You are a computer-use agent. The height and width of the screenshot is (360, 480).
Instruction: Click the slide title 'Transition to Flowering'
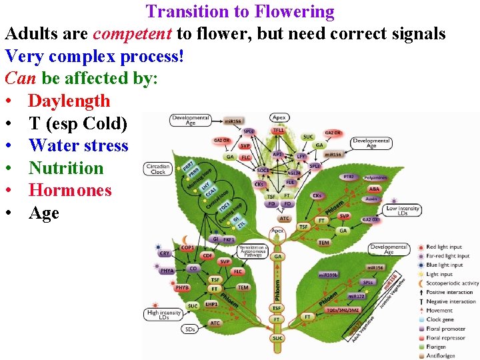[x=240, y=11]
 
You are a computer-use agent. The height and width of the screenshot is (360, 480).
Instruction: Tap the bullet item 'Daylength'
[x=69, y=101]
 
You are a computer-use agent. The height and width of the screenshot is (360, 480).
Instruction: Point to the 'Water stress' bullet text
[x=78, y=145]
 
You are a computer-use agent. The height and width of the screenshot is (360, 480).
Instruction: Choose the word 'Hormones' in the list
[x=70, y=190]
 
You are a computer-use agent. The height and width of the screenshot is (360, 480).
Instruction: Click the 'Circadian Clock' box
[x=158, y=169]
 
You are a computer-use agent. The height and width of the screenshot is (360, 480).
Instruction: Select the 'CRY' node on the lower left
[x=165, y=253]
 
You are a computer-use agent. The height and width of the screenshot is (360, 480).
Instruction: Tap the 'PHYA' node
[x=167, y=271]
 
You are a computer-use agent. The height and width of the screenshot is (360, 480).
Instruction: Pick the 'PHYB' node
[x=182, y=288]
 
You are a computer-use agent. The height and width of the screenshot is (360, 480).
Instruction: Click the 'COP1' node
[x=187, y=248]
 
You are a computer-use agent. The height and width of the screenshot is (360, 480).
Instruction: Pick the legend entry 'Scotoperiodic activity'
[x=451, y=283]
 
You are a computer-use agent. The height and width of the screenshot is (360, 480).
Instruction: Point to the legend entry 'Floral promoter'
[x=445, y=329]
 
